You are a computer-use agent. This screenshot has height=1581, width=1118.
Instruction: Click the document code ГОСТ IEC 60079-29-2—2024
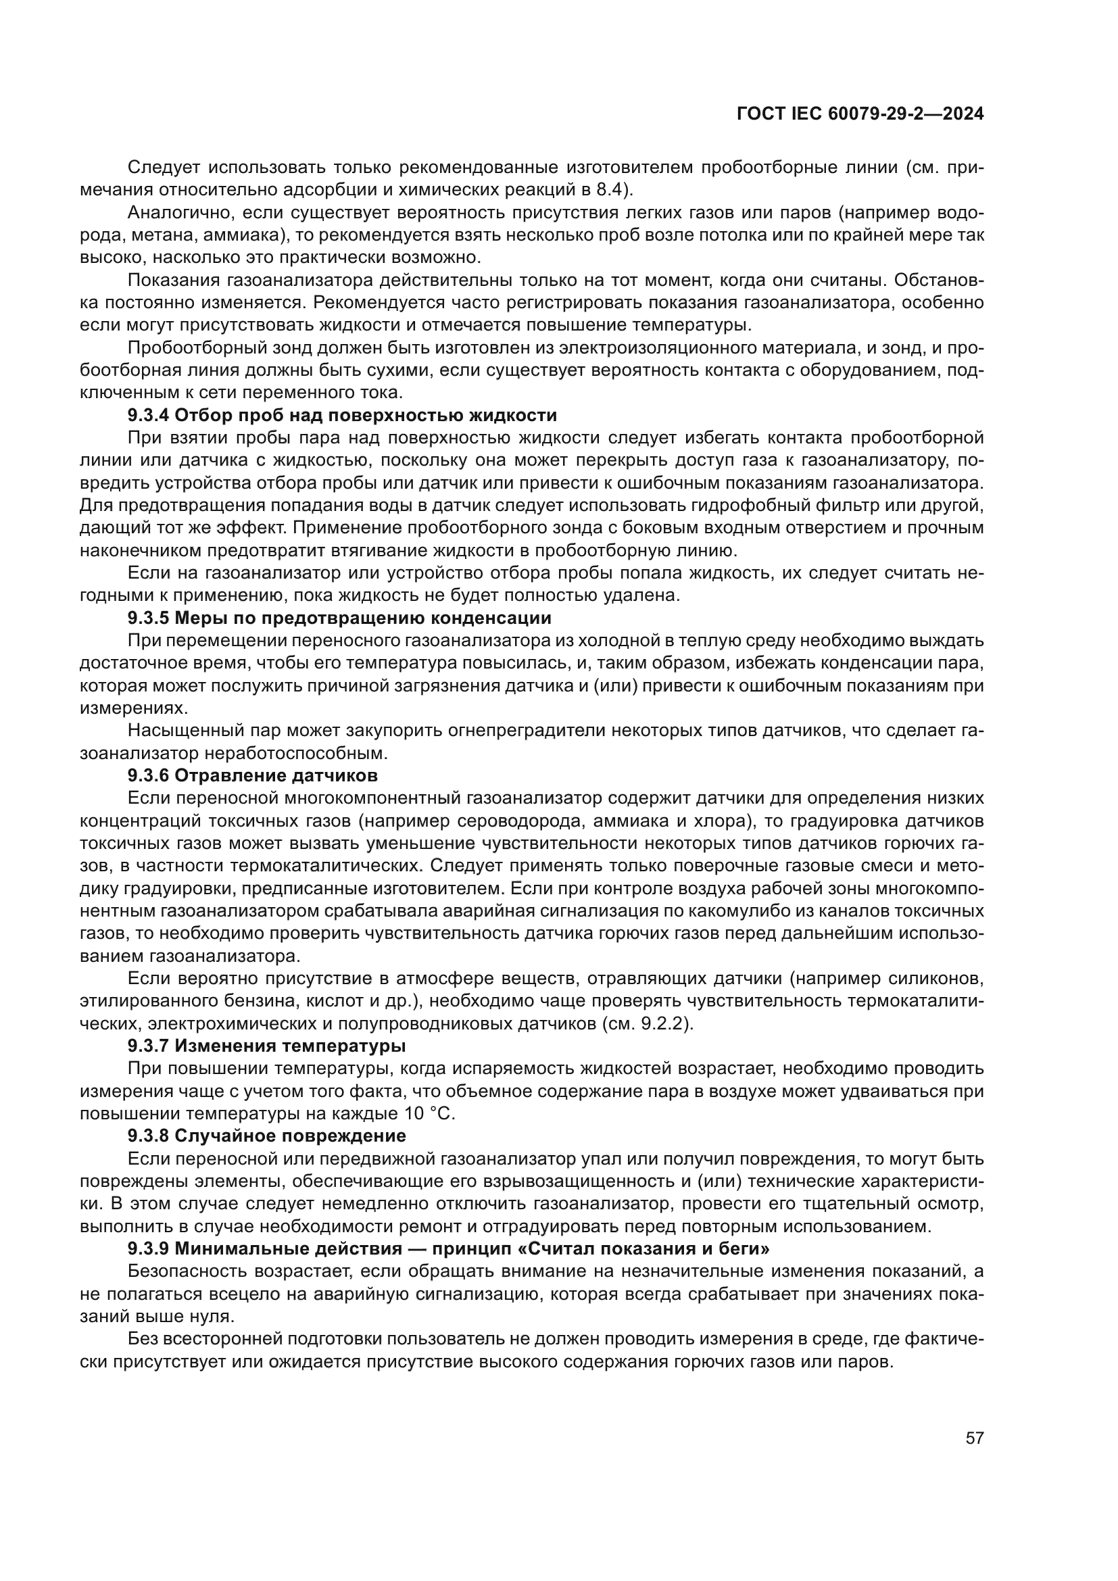coord(860,114)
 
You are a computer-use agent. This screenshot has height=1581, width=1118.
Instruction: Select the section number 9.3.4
coord(148,415)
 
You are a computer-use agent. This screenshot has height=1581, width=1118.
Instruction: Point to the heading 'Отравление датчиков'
coord(276,775)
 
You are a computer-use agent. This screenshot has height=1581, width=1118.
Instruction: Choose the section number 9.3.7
coord(148,1046)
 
